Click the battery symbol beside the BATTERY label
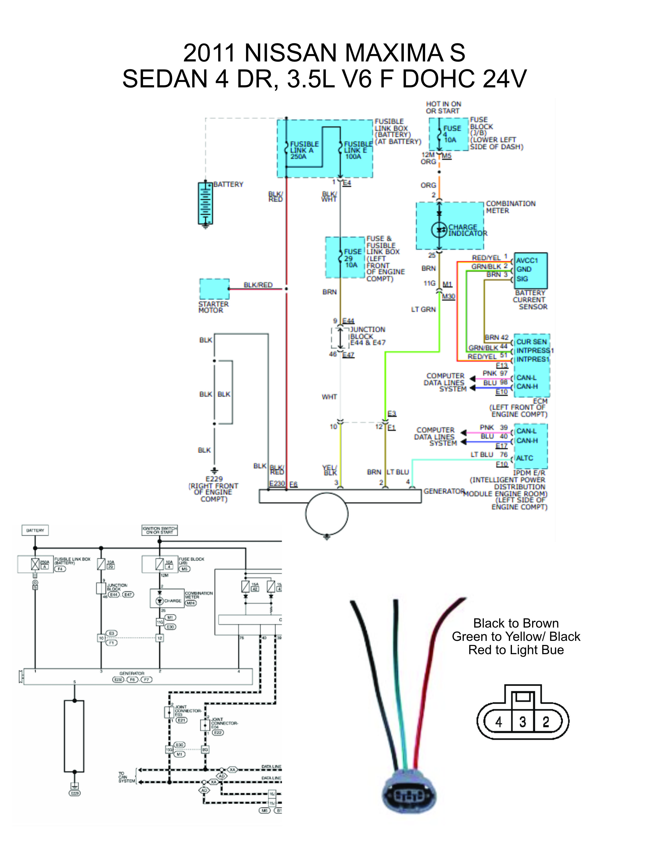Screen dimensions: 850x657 point(205,203)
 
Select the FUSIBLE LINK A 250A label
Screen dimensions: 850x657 point(304,150)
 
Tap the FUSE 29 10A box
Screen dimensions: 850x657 point(345,257)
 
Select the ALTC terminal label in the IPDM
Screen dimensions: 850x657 point(524,458)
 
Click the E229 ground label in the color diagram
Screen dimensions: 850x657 point(214,479)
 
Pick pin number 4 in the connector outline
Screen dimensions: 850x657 point(499,722)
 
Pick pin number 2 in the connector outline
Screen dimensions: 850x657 point(546,722)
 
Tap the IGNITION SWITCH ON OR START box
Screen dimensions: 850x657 point(159,530)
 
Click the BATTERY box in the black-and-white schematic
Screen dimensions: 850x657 point(35,530)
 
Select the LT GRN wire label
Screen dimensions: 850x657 point(424,309)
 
